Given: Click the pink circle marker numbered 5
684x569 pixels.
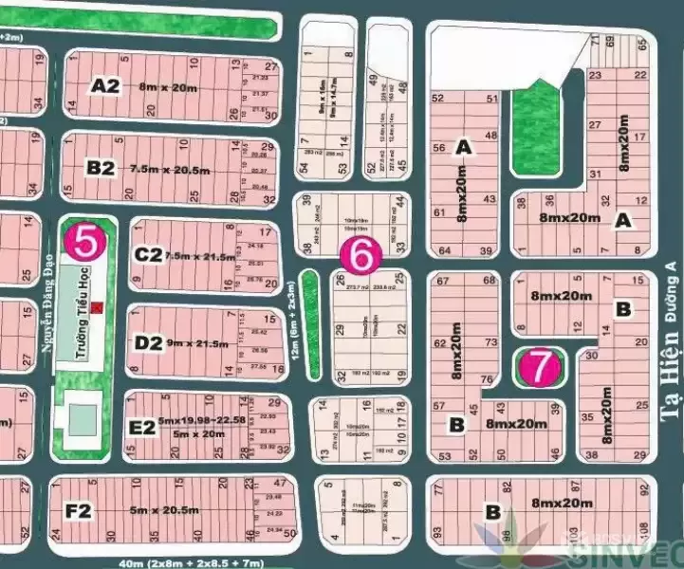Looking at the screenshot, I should coord(85,243).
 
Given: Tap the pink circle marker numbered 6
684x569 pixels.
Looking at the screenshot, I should coord(360,253).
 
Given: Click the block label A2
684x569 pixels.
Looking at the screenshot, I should coord(105,86).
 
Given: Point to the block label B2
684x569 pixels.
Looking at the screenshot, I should coord(101,168).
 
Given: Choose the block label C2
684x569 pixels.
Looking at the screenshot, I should coord(148,254).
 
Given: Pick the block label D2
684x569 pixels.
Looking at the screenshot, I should coord(148,341).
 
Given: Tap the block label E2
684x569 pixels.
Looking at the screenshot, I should coord(141,428).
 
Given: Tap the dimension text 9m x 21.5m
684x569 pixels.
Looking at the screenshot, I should coord(198,341).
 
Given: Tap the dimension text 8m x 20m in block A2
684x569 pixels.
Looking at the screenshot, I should coord(170,87).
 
